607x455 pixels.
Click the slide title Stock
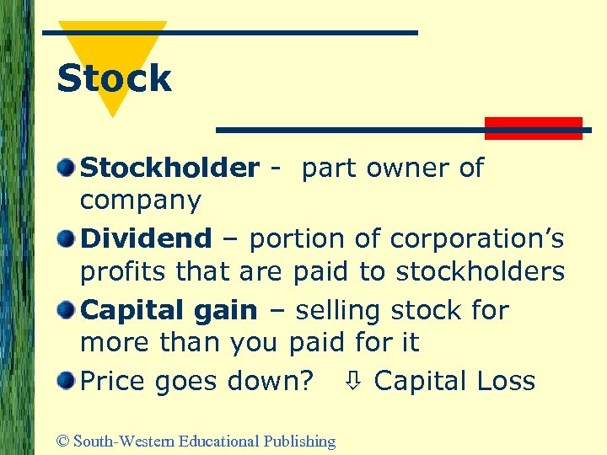tap(114, 79)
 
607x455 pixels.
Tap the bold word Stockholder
tap(169, 169)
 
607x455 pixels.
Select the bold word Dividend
tap(146, 239)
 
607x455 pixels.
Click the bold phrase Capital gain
tap(169, 311)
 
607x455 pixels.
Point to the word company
tap(141, 201)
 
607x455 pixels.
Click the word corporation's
tap(477, 239)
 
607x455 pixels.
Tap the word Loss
tap(505, 381)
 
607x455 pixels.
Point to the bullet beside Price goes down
tap(65, 381)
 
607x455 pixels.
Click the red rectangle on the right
tap(534, 128)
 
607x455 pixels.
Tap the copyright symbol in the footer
tap(62, 442)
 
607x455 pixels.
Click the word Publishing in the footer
tap(299, 442)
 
